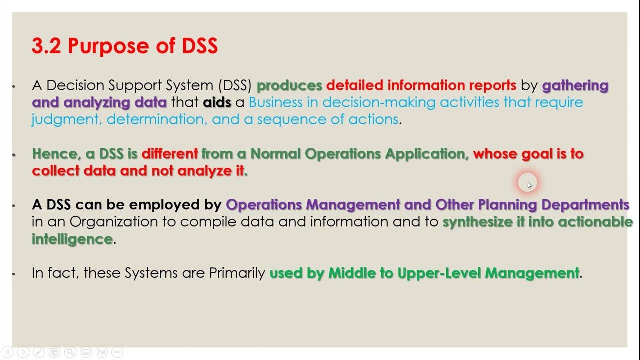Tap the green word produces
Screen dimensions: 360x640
(289, 85)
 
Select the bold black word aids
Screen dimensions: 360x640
(217, 102)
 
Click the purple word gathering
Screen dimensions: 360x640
(575, 85)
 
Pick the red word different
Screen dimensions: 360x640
(170, 153)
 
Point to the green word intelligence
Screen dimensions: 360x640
(72, 239)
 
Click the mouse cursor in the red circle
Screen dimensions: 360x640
(529, 185)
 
